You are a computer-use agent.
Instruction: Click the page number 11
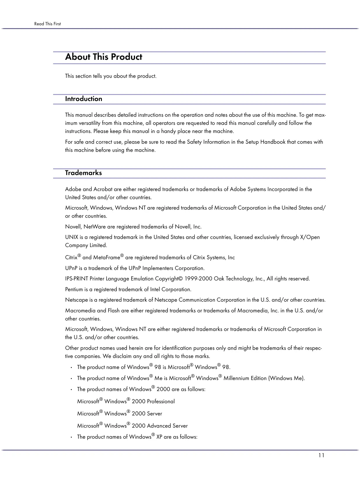[321, 455]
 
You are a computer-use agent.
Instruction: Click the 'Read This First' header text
[47, 24]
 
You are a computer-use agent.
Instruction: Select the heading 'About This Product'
[104, 57]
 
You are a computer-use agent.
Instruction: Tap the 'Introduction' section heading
[84, 99]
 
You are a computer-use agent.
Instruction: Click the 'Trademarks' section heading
[83, 173]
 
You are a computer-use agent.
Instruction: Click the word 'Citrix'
[71, 257]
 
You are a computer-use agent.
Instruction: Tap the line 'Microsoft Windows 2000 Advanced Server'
[132, 426]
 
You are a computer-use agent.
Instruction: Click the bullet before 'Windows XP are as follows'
[71, 437]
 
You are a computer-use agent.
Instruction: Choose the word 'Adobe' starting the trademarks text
[73, 189]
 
